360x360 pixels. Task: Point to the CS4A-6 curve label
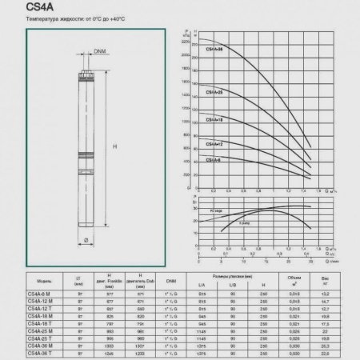pyautogui.click(x=214, y=160)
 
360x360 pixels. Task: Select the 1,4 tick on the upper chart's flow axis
pyautogui.click(x=305, y=191)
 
